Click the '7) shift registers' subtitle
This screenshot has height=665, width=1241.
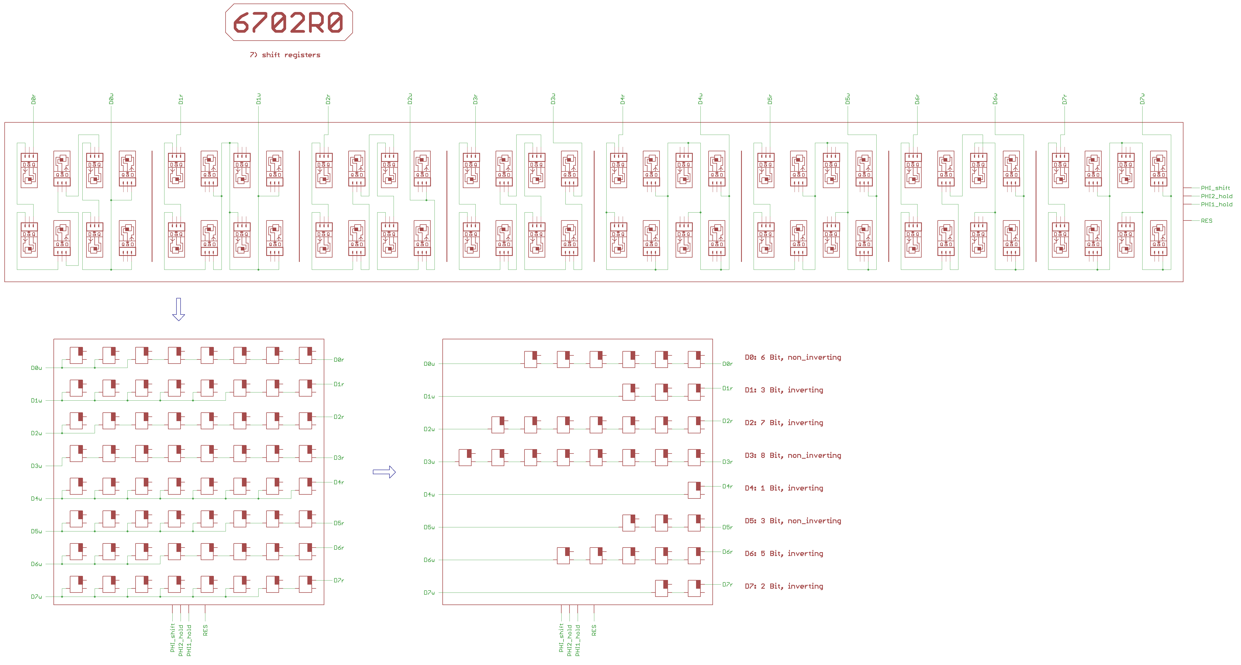(x=285, y=55)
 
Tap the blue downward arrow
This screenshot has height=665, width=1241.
(x=178, y=309)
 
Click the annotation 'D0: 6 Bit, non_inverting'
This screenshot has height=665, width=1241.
(x=793, y=357)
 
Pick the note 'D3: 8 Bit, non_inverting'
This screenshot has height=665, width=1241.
(x=793, y=455)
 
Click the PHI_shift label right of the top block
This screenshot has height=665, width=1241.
(x=1215, y=188)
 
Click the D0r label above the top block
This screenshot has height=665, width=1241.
(x=33, y=99)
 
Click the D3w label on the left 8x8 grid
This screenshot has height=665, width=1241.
(x=37, y=466)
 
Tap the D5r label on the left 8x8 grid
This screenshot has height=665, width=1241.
(x=339, y=523)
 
